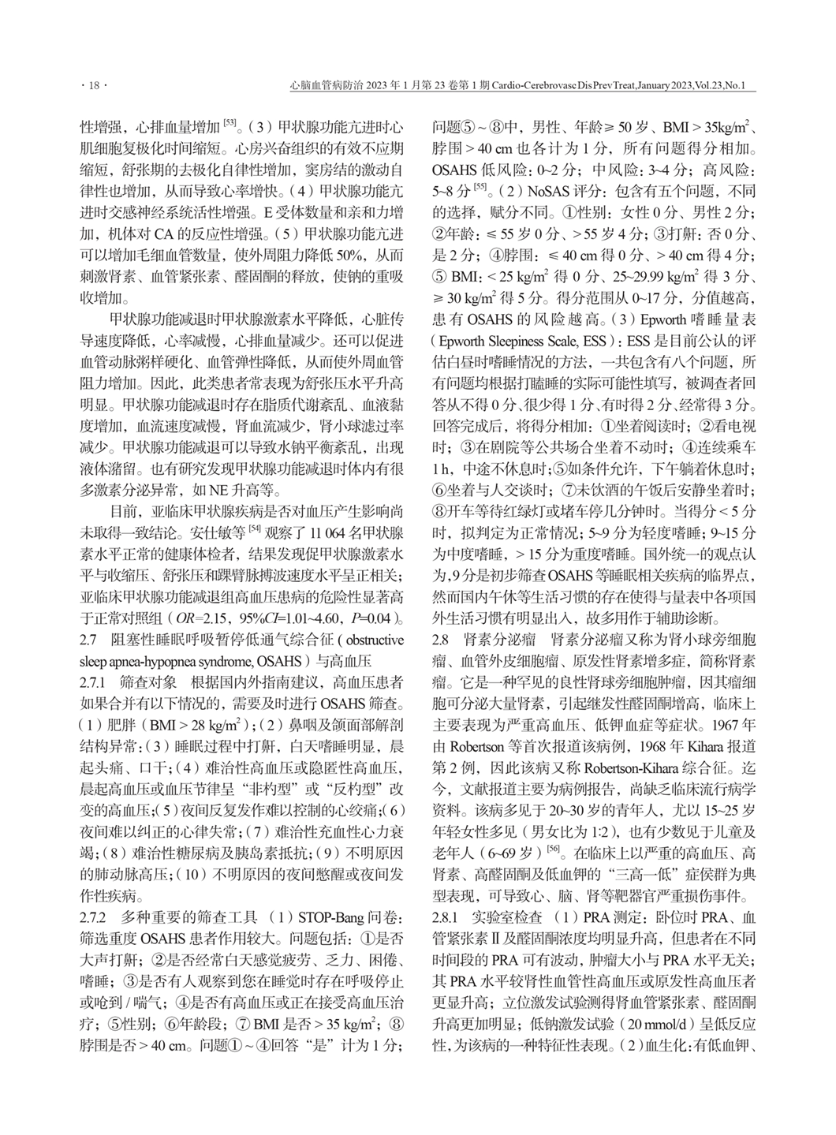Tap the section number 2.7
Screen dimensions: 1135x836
click(x=91, y=638)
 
